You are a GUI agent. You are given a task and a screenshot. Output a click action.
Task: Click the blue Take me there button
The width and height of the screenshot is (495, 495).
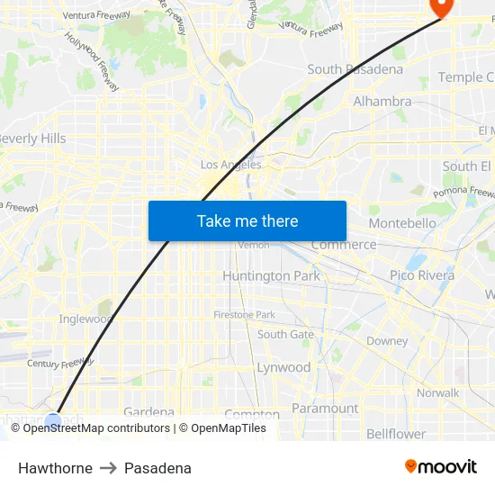coord(247,220)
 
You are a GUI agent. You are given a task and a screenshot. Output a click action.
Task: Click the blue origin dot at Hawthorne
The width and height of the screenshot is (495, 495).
coord(53,419)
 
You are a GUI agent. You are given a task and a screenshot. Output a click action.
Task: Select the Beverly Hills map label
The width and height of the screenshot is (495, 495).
coord(32,139)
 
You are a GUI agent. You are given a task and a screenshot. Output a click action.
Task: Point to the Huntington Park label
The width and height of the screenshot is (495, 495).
coord(271,276)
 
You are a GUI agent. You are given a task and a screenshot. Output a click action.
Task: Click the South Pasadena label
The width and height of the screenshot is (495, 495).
coord(349,69)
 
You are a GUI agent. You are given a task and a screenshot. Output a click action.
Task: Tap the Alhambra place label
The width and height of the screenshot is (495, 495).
coord(382,102)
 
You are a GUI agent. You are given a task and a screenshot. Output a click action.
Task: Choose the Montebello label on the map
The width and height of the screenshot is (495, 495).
coord(401,222)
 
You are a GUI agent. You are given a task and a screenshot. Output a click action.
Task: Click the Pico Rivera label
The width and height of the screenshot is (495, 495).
coord(422,275)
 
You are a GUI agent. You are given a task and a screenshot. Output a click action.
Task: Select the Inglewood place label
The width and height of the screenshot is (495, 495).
coord(85,319)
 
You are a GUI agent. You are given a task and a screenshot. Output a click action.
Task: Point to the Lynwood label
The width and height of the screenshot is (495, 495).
coord(283,367)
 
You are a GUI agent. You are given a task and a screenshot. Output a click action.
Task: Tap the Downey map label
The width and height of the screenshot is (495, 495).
coord(387,341)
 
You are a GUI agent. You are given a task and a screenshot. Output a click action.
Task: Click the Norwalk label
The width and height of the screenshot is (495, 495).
coord(437,392)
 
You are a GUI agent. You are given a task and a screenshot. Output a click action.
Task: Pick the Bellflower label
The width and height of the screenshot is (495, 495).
coord(396,434)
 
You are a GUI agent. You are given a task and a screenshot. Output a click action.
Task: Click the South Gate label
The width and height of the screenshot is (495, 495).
coord(285,334)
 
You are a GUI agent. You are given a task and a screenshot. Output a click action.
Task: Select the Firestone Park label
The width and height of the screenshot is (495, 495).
coord(244,314)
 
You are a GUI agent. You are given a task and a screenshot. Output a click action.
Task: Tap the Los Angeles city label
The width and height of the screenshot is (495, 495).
coord(230,165)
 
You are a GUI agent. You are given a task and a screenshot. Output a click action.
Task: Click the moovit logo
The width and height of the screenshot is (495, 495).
coord(440,467)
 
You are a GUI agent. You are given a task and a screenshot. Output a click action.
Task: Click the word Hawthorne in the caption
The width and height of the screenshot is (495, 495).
coord(55,468)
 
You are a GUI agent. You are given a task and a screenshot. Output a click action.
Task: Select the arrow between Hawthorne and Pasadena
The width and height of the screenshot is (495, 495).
coord(108,468)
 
